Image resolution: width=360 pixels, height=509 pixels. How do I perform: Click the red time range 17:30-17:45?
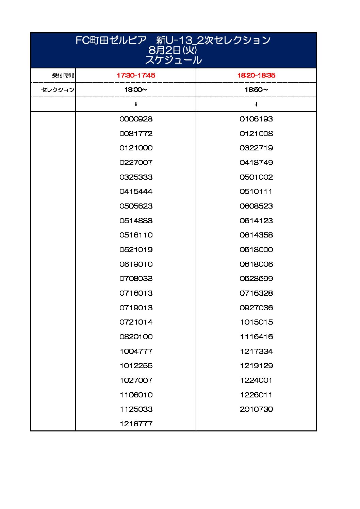(136, 75)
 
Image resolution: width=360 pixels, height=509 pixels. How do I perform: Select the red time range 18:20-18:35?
(256, 75)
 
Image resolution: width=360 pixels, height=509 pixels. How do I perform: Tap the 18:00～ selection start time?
(136, 90)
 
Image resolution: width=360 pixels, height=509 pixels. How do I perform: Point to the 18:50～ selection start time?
(256, 90)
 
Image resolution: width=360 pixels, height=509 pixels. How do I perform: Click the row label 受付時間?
(63, 75)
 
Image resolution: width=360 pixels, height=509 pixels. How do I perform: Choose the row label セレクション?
(58, 90)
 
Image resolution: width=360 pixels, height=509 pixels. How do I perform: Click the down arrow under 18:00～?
(136, 104)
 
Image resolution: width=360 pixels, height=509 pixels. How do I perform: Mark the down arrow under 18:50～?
(256, 104)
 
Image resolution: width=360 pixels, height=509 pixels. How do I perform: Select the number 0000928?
(136, 119)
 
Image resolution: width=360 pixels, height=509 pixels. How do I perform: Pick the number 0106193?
(256, 119)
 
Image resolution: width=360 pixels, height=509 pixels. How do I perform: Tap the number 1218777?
(136, 424)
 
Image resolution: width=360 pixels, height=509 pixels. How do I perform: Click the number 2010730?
(256, 409)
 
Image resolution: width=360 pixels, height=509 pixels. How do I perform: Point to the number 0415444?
(136, 192)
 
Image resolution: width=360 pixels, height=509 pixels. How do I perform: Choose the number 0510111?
(256, 192)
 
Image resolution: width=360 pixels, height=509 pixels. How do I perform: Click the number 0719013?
(136, 308)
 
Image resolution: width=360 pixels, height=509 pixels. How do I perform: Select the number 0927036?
(256, 308)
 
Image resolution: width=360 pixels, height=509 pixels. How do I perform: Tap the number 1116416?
(256, 337)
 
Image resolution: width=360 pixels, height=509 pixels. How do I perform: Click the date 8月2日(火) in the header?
(173, 50)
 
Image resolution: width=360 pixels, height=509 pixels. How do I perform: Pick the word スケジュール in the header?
(173, 60)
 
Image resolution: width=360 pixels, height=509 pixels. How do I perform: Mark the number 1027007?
(136, 380)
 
